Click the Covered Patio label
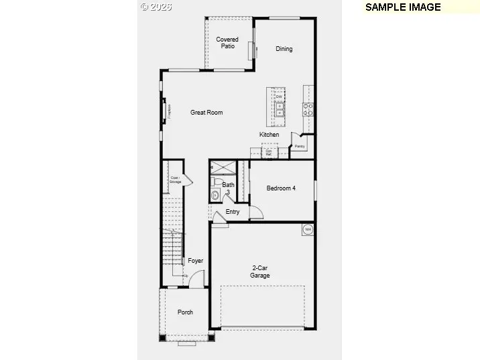coord(227,43)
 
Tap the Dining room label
coord(284,49)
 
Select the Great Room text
coord(206,113)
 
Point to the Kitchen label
coord(269,135)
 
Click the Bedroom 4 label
coord(281,188)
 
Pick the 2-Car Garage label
coord(260,272)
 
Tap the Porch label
coord(185,312)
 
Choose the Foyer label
coord(195,261)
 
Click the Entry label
coord(233,212)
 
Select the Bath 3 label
coord(228,188)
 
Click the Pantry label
coord(299,145)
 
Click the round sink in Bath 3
coord(215,195)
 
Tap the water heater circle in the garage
coord(308,230)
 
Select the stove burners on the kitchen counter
coord(308,109)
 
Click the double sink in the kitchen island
coord(279,109)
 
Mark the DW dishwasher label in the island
coord(278,97)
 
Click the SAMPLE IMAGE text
coord(403,7)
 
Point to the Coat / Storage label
coord(175,180)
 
